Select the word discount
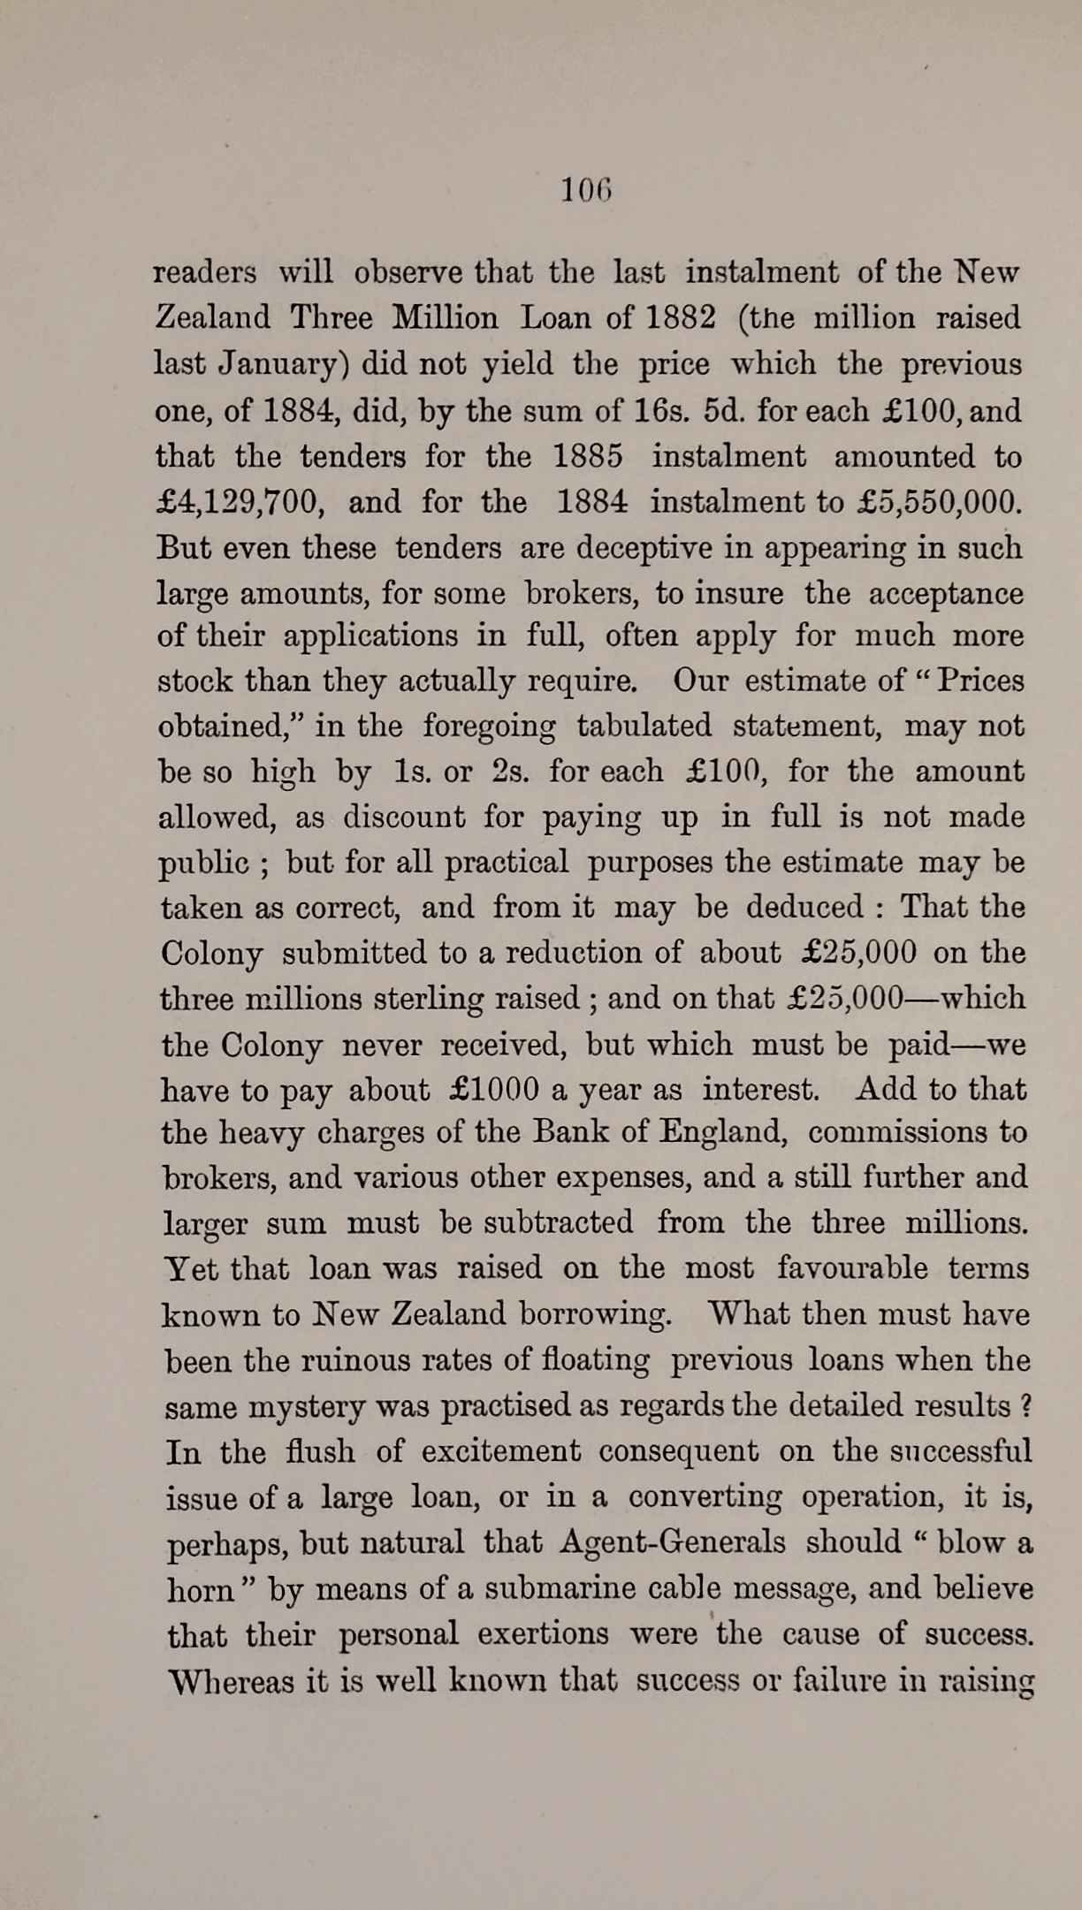pyautogui.click(x=403, y=817)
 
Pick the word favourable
pyautogui.click(x=852, y=1268)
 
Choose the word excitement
pyautogui.click(x=500, y=1451)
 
